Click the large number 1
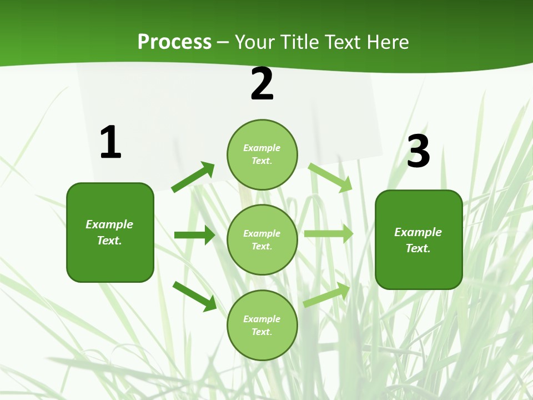(110, 143)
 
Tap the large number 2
(262, 84)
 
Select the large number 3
(419, 152)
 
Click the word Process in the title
(174, 42)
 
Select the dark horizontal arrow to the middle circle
(194, 235)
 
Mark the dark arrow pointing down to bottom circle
(195, 296)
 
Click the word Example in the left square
(109, 224)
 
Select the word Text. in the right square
(418, 248)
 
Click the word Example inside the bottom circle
(262, 319)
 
